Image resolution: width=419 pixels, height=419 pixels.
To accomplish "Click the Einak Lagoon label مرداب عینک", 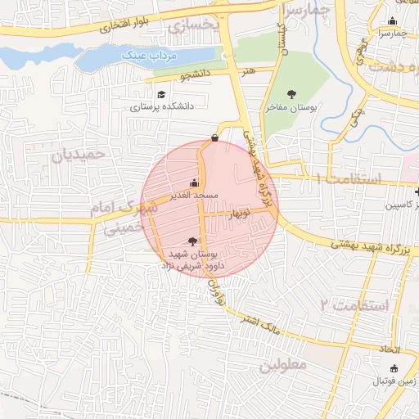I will pos(144,54).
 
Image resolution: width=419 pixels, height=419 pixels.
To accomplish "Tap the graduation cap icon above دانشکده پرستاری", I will pos(161,95).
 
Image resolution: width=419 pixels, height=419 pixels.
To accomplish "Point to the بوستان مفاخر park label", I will pos(291,106).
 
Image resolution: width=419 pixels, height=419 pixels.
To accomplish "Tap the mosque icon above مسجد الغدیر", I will pos(194,182).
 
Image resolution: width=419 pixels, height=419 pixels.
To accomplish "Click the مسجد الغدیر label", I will pos(194,195).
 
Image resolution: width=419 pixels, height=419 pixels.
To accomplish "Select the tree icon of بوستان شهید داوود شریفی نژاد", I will pos(192,241).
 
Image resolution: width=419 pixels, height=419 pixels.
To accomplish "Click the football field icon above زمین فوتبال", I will pos(394,369).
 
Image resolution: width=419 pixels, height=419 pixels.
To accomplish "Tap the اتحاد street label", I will pos(388,349).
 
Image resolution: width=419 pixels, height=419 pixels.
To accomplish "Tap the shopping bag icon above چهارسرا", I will pos(393,21).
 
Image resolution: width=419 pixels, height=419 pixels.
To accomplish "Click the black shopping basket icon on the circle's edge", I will pos(214,138).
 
